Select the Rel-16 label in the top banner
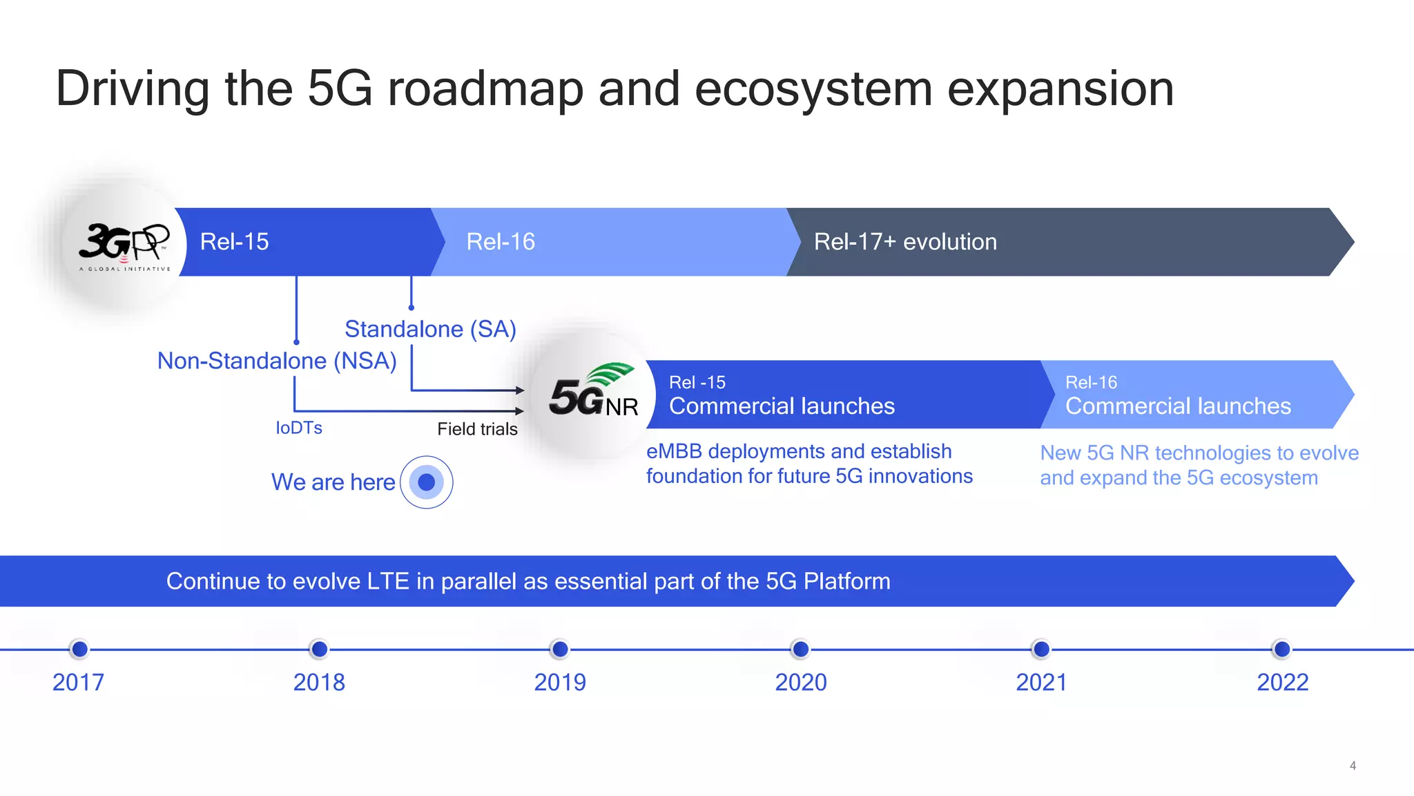click(x=501, y=242)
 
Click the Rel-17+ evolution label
click(x=905, y=242)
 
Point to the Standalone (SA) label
click(x=430, y=329)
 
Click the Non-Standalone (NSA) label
click(x=277, y=361)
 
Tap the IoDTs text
click(x=299, y=428)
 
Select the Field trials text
click(x=477, y=429)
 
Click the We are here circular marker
click(x=427, y=482)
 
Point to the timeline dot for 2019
click(x=560, y=649)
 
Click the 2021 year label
click(x=1041, y=683)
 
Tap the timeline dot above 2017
click(x=79, y=649)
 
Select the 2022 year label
click(x=1282, y=683)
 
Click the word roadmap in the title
click(x=485, y=90)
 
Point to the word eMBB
click(x=674, y=451)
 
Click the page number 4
click(x=1353, y=766)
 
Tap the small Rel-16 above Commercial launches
click(x=1091, y=382)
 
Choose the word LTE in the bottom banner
click(x=388, y=581)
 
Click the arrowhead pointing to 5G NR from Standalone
click(x=520, y=390)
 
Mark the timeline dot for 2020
click(x=800, y=649)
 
